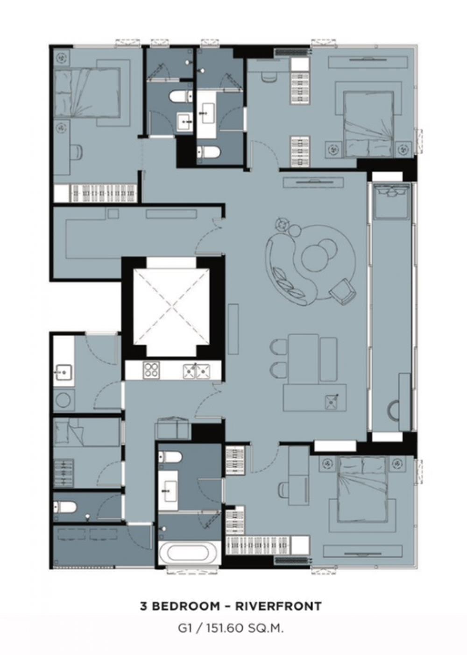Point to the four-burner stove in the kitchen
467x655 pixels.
tap(151, 369)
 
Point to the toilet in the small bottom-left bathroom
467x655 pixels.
tap(65, 507)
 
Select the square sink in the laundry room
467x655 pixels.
tap(63, 372)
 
